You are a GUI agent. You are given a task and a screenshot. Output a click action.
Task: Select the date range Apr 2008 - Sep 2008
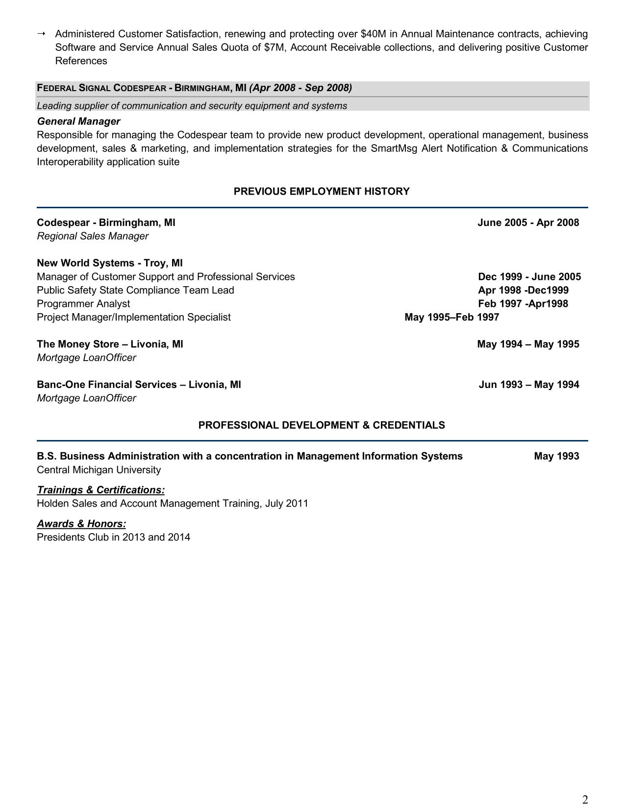[x=300, y=88]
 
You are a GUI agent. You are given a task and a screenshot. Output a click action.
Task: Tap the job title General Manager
[x=78, y=122]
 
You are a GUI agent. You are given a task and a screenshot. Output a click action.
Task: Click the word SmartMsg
[x=394, y=148]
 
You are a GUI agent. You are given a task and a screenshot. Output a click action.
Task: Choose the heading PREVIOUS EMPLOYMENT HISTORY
[x=322, y=192]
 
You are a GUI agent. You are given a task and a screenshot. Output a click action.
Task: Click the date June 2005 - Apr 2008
[x=528, y=223]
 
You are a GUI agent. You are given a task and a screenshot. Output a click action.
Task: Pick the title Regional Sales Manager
[x=93, y=236]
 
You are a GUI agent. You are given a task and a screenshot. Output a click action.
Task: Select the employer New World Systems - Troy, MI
[x=110, y=263]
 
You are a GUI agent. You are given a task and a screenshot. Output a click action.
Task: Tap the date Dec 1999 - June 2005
[x=529, y=277]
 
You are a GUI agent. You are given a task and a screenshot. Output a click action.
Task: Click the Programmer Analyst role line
[x=83, y=304]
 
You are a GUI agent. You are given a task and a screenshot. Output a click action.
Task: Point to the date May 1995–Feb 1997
[x=451, y=318]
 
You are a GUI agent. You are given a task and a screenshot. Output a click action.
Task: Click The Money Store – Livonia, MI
[x=110, y=344]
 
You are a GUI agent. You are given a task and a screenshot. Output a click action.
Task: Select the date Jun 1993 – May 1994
[x=528, y=385]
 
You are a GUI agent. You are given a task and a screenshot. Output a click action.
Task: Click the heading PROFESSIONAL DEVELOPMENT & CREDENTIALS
[x=322, y=425]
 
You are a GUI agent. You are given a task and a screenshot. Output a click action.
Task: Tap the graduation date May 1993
[x=556, y=457]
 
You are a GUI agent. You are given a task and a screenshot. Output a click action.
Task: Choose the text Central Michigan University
[x=99, y=470]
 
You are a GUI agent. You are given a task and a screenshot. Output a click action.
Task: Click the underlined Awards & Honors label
[x=81, y=524]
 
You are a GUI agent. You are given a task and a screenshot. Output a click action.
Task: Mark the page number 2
[x=585, y=800]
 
